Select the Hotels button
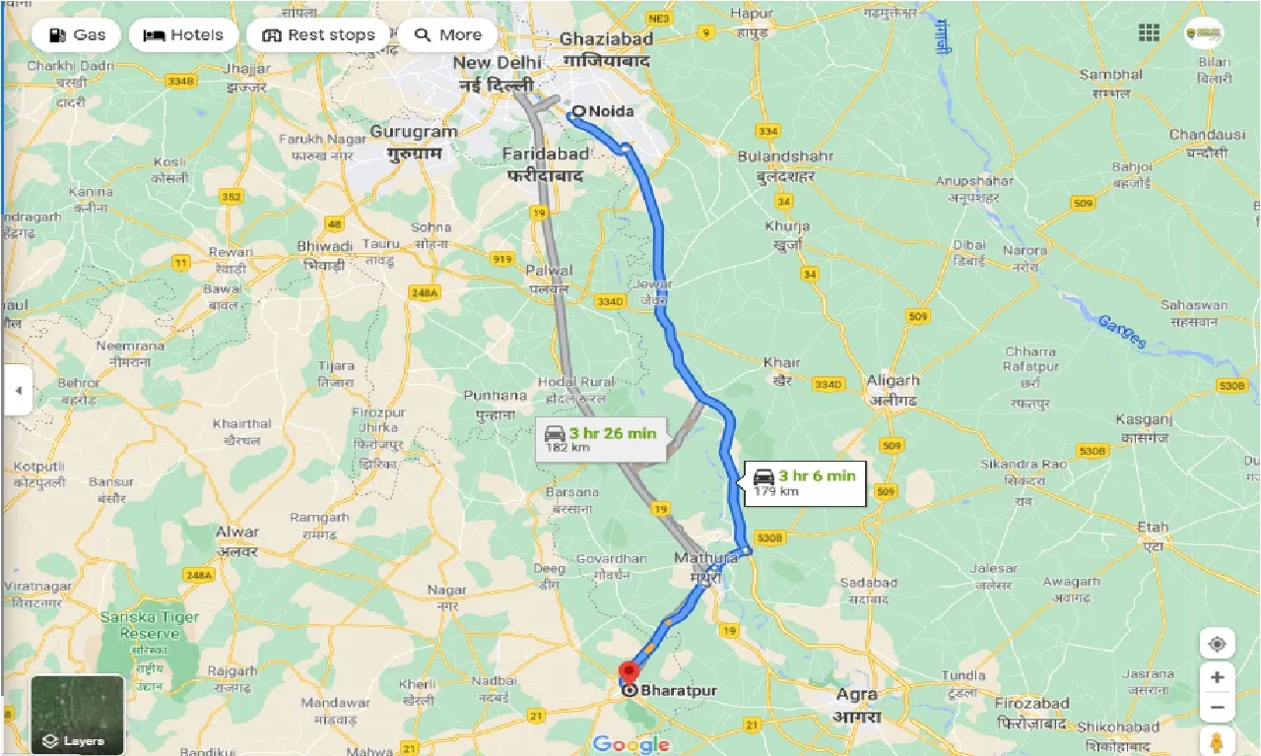183,35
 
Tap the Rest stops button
318,35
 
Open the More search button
447,35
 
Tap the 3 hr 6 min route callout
804,482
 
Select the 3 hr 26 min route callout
601,439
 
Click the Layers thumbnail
77,715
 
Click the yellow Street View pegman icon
1218,740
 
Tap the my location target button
1218,645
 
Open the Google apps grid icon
1149,32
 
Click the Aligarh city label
893,381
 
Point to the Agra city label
856,694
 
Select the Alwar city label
236,533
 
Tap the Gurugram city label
415,131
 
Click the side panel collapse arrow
17,390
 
